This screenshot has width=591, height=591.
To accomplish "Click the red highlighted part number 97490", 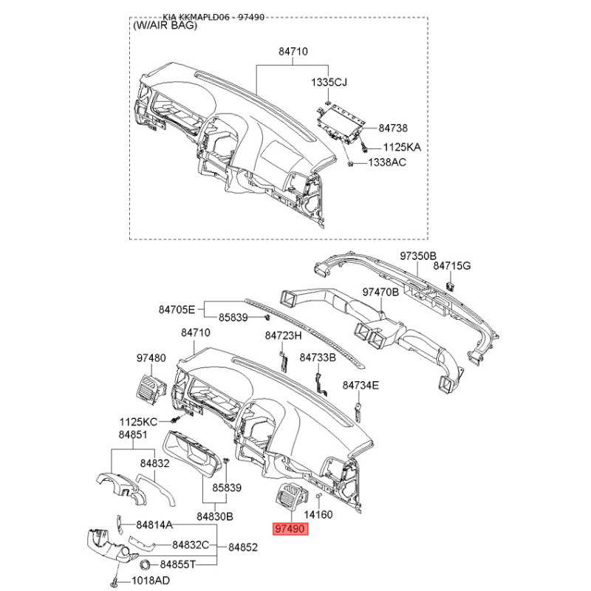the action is pos(290,529).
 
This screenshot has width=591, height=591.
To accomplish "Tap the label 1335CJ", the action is pos(329,82).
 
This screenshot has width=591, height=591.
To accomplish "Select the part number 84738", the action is pos(393,128).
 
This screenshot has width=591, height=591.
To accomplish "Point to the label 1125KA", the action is pos(402,147).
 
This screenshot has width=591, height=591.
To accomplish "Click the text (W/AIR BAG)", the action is pos(165,26).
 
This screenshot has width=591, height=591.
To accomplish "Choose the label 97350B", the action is pos(418,256).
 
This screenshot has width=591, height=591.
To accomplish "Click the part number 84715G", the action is pos(452,266).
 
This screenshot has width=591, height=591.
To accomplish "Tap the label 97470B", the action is pos(380,292).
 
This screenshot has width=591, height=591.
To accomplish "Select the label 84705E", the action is pos(177,310).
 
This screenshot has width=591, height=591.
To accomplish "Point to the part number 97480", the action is pos(151,358).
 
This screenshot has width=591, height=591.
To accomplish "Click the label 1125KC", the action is pos(138,422).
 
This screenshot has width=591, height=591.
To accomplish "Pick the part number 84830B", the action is pos(215,516).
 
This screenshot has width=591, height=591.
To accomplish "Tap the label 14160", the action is pos(318,514).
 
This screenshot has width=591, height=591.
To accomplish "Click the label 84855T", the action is pos(178,564).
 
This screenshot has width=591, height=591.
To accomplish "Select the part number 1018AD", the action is pos(151,581).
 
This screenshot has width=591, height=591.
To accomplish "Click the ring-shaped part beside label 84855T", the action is pos(145,564).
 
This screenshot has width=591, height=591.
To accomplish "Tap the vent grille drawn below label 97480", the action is pos(151,389).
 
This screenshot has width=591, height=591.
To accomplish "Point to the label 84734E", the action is pos(361,386).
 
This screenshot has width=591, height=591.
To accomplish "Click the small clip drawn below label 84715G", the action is pos(450,286).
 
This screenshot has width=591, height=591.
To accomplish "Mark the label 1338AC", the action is pos(387,163).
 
